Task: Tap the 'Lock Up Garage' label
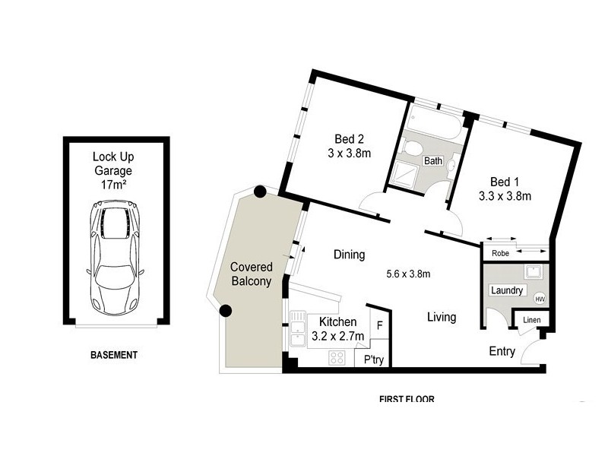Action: point(112,171)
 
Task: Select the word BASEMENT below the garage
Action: point(114,355)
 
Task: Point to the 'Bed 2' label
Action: point(350,139)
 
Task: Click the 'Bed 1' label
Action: point(505,182)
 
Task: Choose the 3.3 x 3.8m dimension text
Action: point(505,196)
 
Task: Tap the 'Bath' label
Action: point(433,161)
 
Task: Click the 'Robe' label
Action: point(500,254)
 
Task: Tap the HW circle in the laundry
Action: point(540,298)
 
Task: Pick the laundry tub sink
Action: point(532,273)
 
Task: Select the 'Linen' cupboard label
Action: point(531,320)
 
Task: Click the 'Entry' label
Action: point(502,352)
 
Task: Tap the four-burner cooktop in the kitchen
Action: point(336,357)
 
